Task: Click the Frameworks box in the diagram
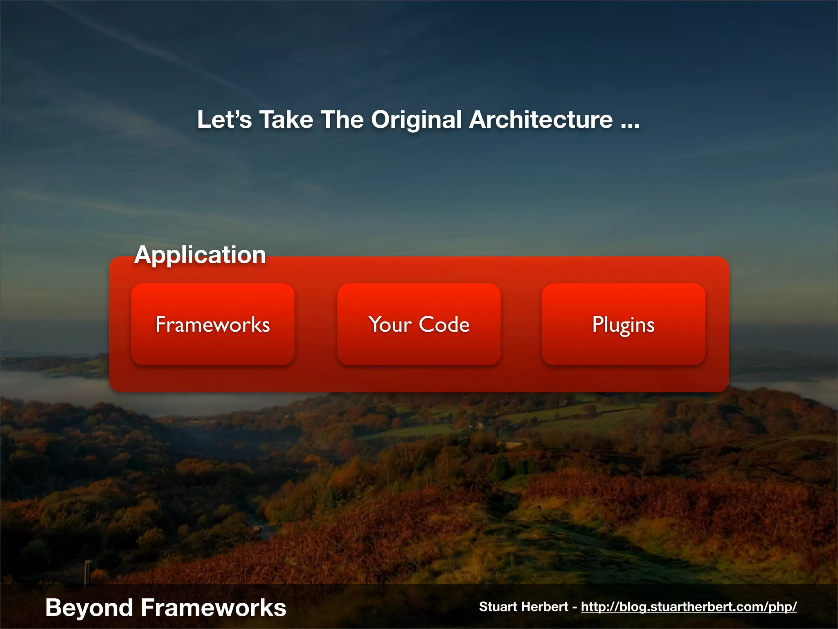click(213, 324)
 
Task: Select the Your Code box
click(419, 324)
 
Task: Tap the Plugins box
click(623, 324)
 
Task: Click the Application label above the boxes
click(200, 255)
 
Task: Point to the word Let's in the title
click(224, 120)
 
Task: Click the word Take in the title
click(286, 120)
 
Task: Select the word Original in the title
click(417, 120)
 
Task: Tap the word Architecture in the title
click(541, 120)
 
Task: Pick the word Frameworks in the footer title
click(213, 607)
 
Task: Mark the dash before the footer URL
click(574, 607)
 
